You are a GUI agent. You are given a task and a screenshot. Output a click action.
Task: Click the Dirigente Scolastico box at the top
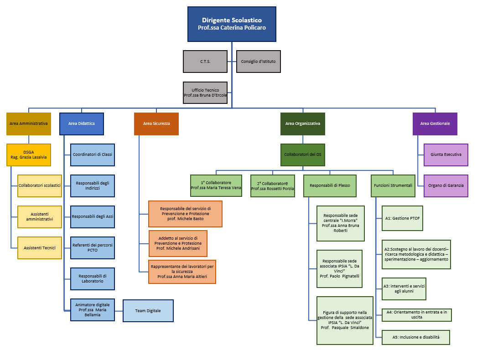(232, 24)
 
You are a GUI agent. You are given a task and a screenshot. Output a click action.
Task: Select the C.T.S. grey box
(205, 62)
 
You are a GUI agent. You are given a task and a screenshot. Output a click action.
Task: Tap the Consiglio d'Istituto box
(258, 62)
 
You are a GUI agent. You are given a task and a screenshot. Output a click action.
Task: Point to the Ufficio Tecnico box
(205, 93)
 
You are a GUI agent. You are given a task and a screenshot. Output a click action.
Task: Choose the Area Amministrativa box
(29, 124)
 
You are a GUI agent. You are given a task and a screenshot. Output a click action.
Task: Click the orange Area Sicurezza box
(156, 124)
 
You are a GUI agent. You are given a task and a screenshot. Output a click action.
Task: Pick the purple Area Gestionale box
(435, 124)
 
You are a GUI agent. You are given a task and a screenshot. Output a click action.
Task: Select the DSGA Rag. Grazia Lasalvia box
(29, 155)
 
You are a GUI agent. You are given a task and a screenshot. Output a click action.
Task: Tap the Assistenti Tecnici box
(40, 248)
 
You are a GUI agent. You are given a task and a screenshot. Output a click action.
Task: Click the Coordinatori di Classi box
(93, 155)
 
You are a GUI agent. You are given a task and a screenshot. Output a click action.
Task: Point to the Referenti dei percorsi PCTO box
(93, 248)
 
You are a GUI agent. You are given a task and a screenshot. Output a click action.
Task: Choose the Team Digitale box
(148, 311)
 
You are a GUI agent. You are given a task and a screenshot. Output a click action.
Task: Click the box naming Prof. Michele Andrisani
(178, 243)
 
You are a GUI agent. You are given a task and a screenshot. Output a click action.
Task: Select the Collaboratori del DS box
(303, 155)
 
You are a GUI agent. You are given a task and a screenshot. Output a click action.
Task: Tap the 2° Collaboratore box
(273, 186)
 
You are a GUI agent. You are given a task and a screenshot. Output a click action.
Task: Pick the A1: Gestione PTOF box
(403, 218)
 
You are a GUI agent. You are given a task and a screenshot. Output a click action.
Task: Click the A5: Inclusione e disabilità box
(416, 337)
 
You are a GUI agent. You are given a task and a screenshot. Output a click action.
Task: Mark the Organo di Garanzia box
(446, 186)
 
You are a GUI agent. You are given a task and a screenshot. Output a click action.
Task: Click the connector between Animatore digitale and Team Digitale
(119, 311)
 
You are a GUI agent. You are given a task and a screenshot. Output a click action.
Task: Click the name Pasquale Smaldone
(350, 328)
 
